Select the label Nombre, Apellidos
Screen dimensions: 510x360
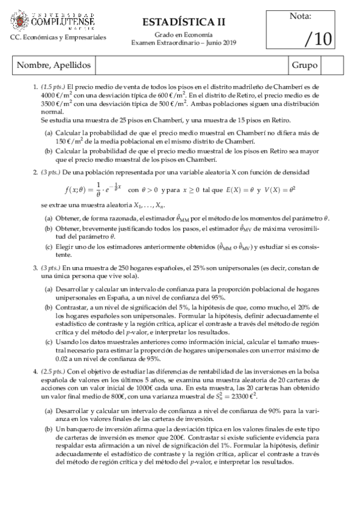click(x=53, y=64)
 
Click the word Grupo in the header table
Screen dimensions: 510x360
click(x=305, y=64)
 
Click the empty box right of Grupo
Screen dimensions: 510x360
click(x=332, y=64)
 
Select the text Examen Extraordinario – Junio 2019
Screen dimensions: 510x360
click(x=184, y=42)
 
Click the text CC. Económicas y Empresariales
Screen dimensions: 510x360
click(x=58, y=37)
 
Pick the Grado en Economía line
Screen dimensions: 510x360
click(x=184, y=35)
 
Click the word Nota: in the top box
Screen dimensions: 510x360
click(x=317, y=16)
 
